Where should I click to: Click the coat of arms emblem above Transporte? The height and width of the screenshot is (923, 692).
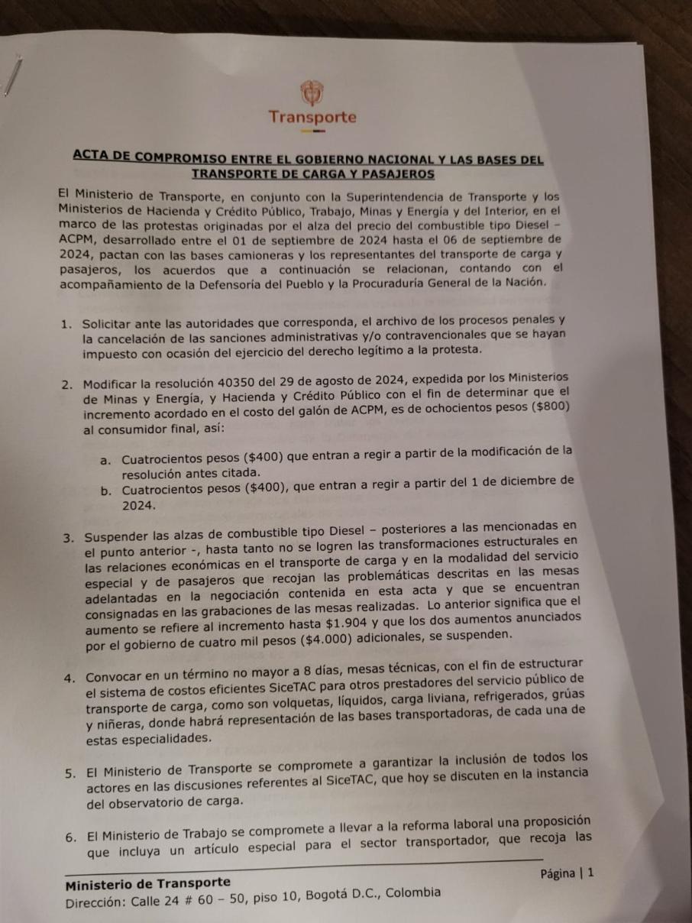[x=310, y=92]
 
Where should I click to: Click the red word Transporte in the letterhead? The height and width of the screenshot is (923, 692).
[x=312, y=118]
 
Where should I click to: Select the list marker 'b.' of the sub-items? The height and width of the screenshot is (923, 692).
[x=105, y=491]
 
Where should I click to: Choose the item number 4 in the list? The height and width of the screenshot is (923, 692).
[x=70, y=677]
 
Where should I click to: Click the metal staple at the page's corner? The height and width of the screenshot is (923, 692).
[x=10, y=76]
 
